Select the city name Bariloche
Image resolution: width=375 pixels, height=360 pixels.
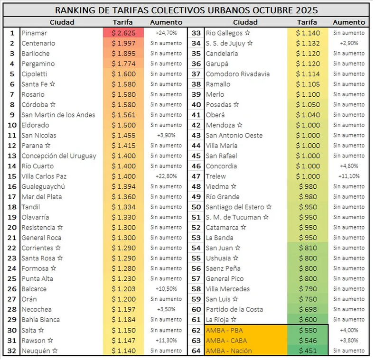36,54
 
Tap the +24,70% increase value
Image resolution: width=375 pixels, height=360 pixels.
166,33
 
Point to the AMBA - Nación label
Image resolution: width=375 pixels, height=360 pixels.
228,351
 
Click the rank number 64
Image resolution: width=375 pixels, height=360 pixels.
196,351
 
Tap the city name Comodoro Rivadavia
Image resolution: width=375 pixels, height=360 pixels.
237,74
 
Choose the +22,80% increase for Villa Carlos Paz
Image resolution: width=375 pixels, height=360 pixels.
166,176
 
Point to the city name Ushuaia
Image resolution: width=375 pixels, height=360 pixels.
218,258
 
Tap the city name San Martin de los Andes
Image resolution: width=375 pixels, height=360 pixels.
58,115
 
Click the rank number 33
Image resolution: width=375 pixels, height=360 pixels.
196,33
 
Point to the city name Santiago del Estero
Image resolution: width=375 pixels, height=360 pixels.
235,207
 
